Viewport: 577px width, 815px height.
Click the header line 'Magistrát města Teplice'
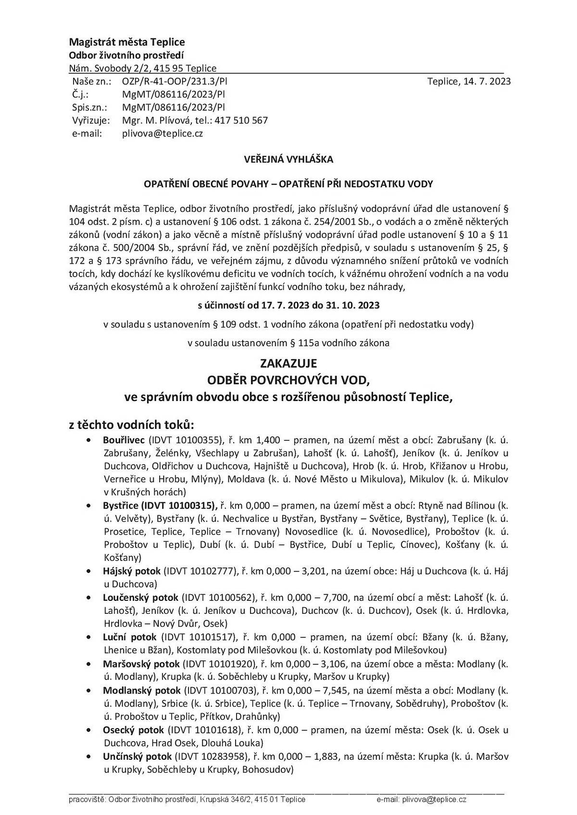pos(126,42)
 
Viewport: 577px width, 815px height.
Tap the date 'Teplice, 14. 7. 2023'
pos(469,81)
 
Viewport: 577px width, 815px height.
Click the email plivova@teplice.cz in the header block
pos(162,134)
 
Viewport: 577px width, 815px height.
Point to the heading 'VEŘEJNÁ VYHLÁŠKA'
pos(288,159)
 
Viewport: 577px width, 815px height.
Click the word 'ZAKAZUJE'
pos(288,363)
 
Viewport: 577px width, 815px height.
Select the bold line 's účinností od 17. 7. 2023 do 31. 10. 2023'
pos(288,305)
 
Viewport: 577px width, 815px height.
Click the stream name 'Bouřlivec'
pos(124,439)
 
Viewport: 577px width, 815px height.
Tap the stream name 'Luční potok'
pos(129,637)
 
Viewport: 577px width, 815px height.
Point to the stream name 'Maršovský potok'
pos(141,664)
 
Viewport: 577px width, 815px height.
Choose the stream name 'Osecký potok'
pos(133,730)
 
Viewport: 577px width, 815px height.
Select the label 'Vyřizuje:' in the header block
pos(91,121)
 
